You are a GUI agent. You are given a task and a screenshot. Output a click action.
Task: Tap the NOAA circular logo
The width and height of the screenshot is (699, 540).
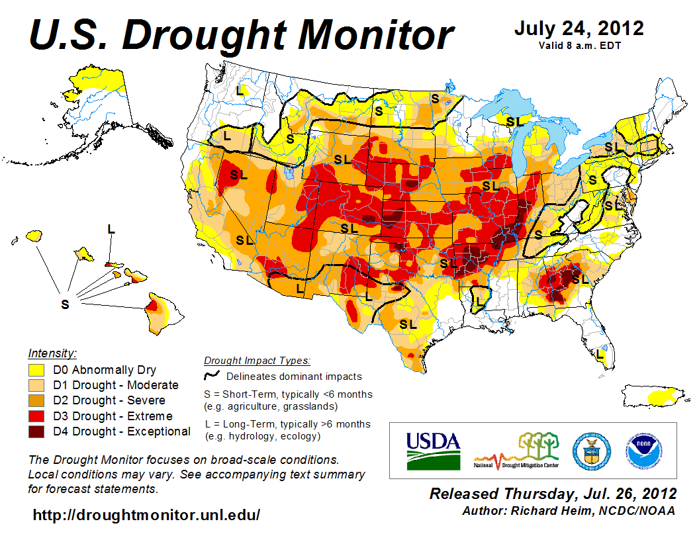coord(642,450)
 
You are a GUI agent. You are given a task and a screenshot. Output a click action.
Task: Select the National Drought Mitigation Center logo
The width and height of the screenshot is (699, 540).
coord(517,451)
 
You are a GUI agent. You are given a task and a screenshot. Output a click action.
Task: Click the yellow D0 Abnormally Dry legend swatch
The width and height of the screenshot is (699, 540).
coord(36,370)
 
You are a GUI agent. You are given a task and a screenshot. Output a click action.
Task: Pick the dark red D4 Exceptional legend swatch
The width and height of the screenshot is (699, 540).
coord(36,431)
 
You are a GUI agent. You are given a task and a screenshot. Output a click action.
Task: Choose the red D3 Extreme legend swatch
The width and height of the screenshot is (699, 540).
coord(36,416)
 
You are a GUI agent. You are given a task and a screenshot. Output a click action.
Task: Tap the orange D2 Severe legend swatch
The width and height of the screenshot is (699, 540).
coord(36,400)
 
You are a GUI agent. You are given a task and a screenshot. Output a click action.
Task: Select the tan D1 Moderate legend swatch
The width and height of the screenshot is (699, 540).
coord(36,385)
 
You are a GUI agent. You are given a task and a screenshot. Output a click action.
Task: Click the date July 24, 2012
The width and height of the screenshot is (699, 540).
coord(579,28)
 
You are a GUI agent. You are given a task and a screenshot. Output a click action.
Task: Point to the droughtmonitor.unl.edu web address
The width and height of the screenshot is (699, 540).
coord(146,514)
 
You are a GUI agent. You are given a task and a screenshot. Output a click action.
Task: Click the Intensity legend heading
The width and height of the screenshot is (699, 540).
coord(53,353)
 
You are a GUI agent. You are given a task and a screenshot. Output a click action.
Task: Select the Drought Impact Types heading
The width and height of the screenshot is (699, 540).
coord(257,361)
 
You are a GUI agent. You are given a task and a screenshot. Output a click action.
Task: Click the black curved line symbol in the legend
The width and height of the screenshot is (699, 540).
coord(212,376)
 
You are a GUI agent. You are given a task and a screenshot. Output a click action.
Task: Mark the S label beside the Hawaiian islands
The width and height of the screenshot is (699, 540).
coord(65,304)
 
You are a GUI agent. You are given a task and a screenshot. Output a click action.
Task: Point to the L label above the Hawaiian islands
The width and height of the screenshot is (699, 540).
coord(111,229)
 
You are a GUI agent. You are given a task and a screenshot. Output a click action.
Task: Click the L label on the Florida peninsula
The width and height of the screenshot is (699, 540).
coord(600,354)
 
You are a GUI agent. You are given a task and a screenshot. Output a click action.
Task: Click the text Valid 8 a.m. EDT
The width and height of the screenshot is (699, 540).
coord(579,45)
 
